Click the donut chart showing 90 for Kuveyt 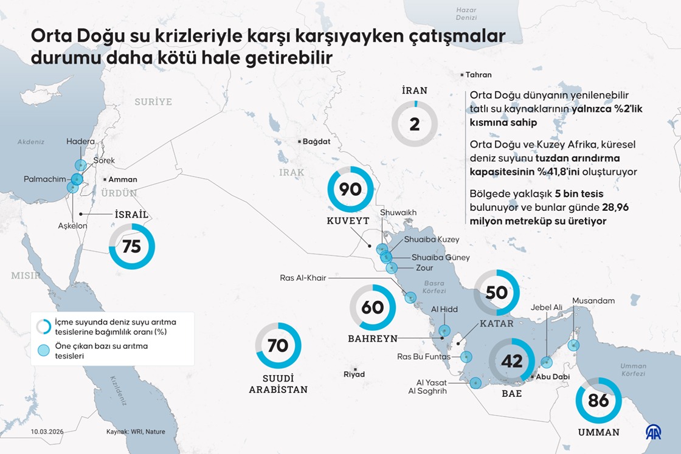tap(350, 190)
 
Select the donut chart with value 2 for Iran tap(415, 125)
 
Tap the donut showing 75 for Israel tap(132, 247)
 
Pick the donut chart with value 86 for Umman tap(599, 401)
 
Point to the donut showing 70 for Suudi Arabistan tap(278, 346)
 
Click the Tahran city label tap(478, 75)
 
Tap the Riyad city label tap(354, 374)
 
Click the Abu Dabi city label tap(552, 377)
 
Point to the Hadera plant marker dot tap(80, 165)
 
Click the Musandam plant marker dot tap(573, 345)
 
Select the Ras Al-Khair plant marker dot tap(410, 297)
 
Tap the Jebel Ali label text tap(547, 308)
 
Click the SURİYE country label tap(153, 102)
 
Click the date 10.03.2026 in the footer tap(47, 432)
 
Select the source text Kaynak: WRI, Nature tap(136, 432)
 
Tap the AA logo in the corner tap(654, 432)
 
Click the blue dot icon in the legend tap(43, 350)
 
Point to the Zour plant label tap(424, 267)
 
